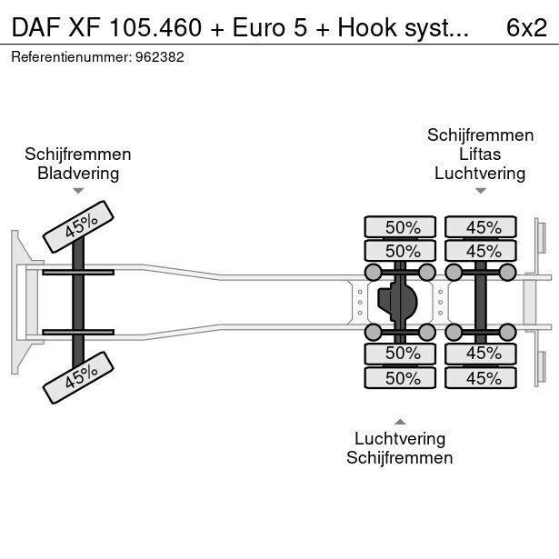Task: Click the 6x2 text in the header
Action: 526,27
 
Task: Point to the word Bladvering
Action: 78,173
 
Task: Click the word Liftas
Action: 479,154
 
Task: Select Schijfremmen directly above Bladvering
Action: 78,154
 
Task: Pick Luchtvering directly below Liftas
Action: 479,173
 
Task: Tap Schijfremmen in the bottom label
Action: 399,458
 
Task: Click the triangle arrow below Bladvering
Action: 78,191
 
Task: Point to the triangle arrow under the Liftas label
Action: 480,191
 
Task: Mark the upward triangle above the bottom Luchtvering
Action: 400,421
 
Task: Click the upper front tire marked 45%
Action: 78,226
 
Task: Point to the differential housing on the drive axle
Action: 401,300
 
